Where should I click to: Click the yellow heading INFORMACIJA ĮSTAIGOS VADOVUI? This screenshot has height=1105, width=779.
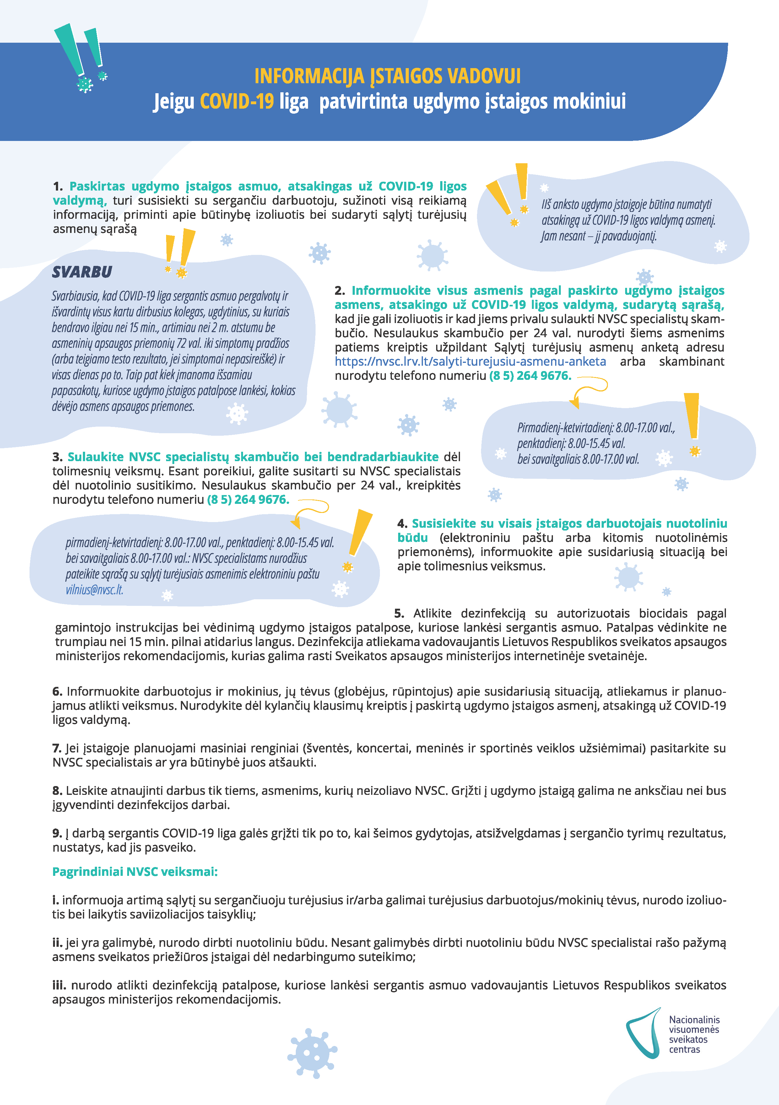(x=387, y=76)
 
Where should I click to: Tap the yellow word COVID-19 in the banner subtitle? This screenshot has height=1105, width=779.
(x=236, y=101)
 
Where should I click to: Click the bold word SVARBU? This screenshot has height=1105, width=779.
(x=82, y=272)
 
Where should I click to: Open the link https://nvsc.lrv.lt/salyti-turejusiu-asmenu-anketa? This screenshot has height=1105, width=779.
(x=470, y=361)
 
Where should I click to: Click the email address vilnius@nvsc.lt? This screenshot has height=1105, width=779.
(x=95, y=590)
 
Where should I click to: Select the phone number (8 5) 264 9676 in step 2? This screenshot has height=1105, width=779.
(x=530, y=375)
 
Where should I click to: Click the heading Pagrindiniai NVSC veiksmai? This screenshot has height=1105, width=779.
(x=135, y=871)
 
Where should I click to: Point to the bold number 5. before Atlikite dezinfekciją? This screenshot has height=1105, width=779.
(x=399, y=613)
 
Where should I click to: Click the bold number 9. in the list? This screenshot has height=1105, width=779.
(x=57, y=833)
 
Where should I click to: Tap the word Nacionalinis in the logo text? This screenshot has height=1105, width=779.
(x=694, y=1019)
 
